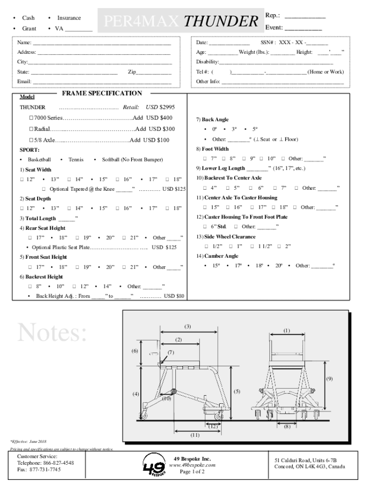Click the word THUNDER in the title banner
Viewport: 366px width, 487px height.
point(221,22)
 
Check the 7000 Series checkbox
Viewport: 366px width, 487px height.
point(31,118)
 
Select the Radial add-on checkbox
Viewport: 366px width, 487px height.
point(31,129)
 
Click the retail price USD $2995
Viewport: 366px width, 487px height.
point(160,107)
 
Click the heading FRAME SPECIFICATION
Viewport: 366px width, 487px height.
point(102,94)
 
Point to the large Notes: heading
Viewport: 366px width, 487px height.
point(52,333)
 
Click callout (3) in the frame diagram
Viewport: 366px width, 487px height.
point(188,326)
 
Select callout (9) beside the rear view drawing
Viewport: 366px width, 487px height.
point(329,379)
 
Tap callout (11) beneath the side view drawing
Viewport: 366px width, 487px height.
point(195,435)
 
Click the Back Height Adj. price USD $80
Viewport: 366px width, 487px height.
point(174,296)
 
